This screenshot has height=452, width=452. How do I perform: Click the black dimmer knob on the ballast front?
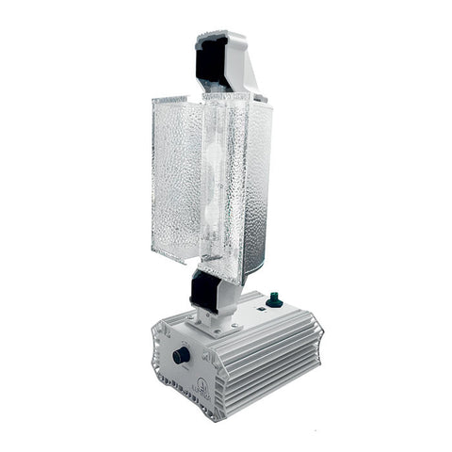181,356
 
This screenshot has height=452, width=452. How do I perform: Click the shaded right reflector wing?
267,188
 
